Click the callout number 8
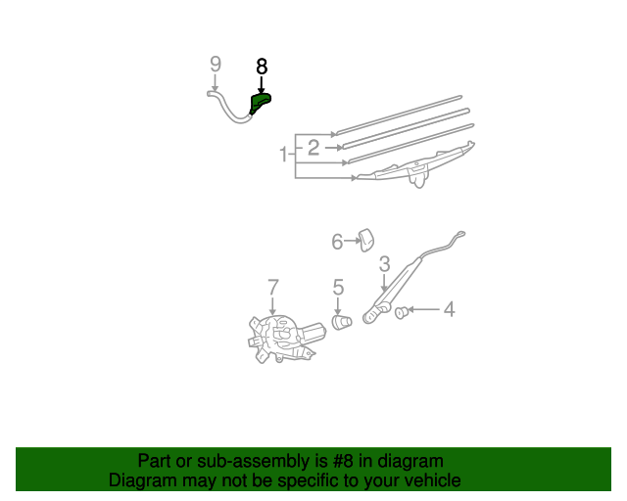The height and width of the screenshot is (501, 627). tap(262, 67)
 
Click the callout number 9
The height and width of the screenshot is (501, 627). tap(216, 65)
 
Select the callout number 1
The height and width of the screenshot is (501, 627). tap(283, 155)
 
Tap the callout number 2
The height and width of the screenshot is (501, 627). tap(313, 148)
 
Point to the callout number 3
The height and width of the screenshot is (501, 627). tap(384, 263)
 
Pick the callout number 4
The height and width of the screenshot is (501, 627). tap(449, 310)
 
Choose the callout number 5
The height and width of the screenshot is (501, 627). tap(338, 288)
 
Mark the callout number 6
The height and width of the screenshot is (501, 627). tap(337, 241)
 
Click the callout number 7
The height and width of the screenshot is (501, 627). tap(273, 288)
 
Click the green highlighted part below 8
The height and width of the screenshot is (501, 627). tap(261, 102)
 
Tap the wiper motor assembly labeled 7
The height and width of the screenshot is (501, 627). tap(281, 336)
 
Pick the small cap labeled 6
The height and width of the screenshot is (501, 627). tap(367, 238)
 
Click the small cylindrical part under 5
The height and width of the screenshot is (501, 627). tap(341, 321)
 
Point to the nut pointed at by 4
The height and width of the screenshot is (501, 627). tap(400, 312)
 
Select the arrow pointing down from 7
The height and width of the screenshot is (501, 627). tap(273, 305)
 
